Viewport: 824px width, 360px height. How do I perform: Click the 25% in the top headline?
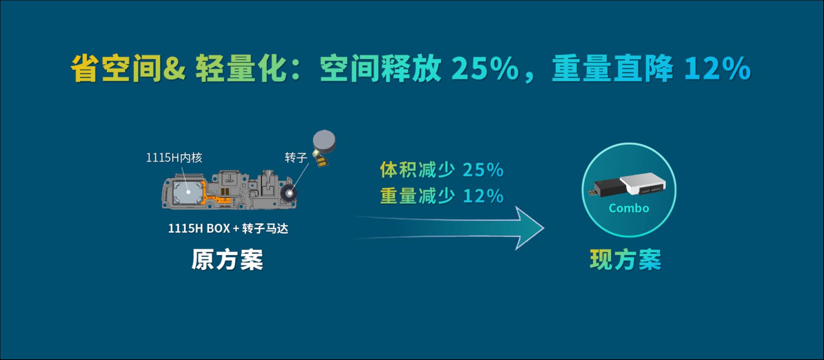[x=485, y=68]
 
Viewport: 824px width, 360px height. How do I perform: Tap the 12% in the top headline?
[x=717, y=68]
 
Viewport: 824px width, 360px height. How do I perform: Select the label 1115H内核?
[x=174, y=157]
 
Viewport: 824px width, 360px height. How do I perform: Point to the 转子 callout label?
[x=296, y=157]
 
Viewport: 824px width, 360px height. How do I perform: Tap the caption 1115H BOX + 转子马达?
[x=228, y=228]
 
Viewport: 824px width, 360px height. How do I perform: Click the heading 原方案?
[x=227, y=259]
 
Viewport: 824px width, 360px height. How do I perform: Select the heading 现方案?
[x=625, y=259]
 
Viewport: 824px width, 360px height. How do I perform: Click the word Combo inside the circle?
[x=629, y=208]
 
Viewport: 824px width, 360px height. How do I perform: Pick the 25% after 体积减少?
[x=483, y=170]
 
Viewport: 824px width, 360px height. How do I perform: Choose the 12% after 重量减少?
[x=483, y=196]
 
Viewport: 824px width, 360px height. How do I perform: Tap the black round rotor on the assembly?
[x=290, y=193]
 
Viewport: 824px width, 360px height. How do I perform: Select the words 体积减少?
[x=417, y=170]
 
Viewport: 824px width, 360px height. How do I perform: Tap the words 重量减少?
[x=417, y=196]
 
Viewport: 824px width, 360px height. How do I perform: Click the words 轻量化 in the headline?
[x=241, y=68]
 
